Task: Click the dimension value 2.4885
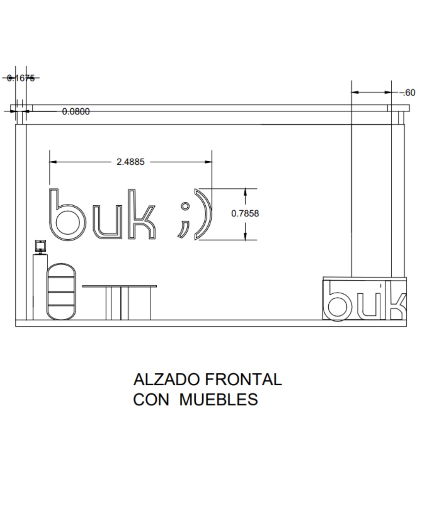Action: click(x=130, y=162)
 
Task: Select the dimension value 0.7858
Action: click(x=245, y=214)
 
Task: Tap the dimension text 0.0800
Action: click(x=76, y=111)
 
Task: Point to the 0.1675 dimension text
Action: click(x=21, y=78)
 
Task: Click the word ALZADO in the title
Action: click(x=166, y=379)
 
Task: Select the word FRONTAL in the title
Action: click(x=243, y=379)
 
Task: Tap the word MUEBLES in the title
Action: click(x=218, y=400)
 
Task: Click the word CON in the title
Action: click(x=151, y=400)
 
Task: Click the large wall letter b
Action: click(x=53, y=215)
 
